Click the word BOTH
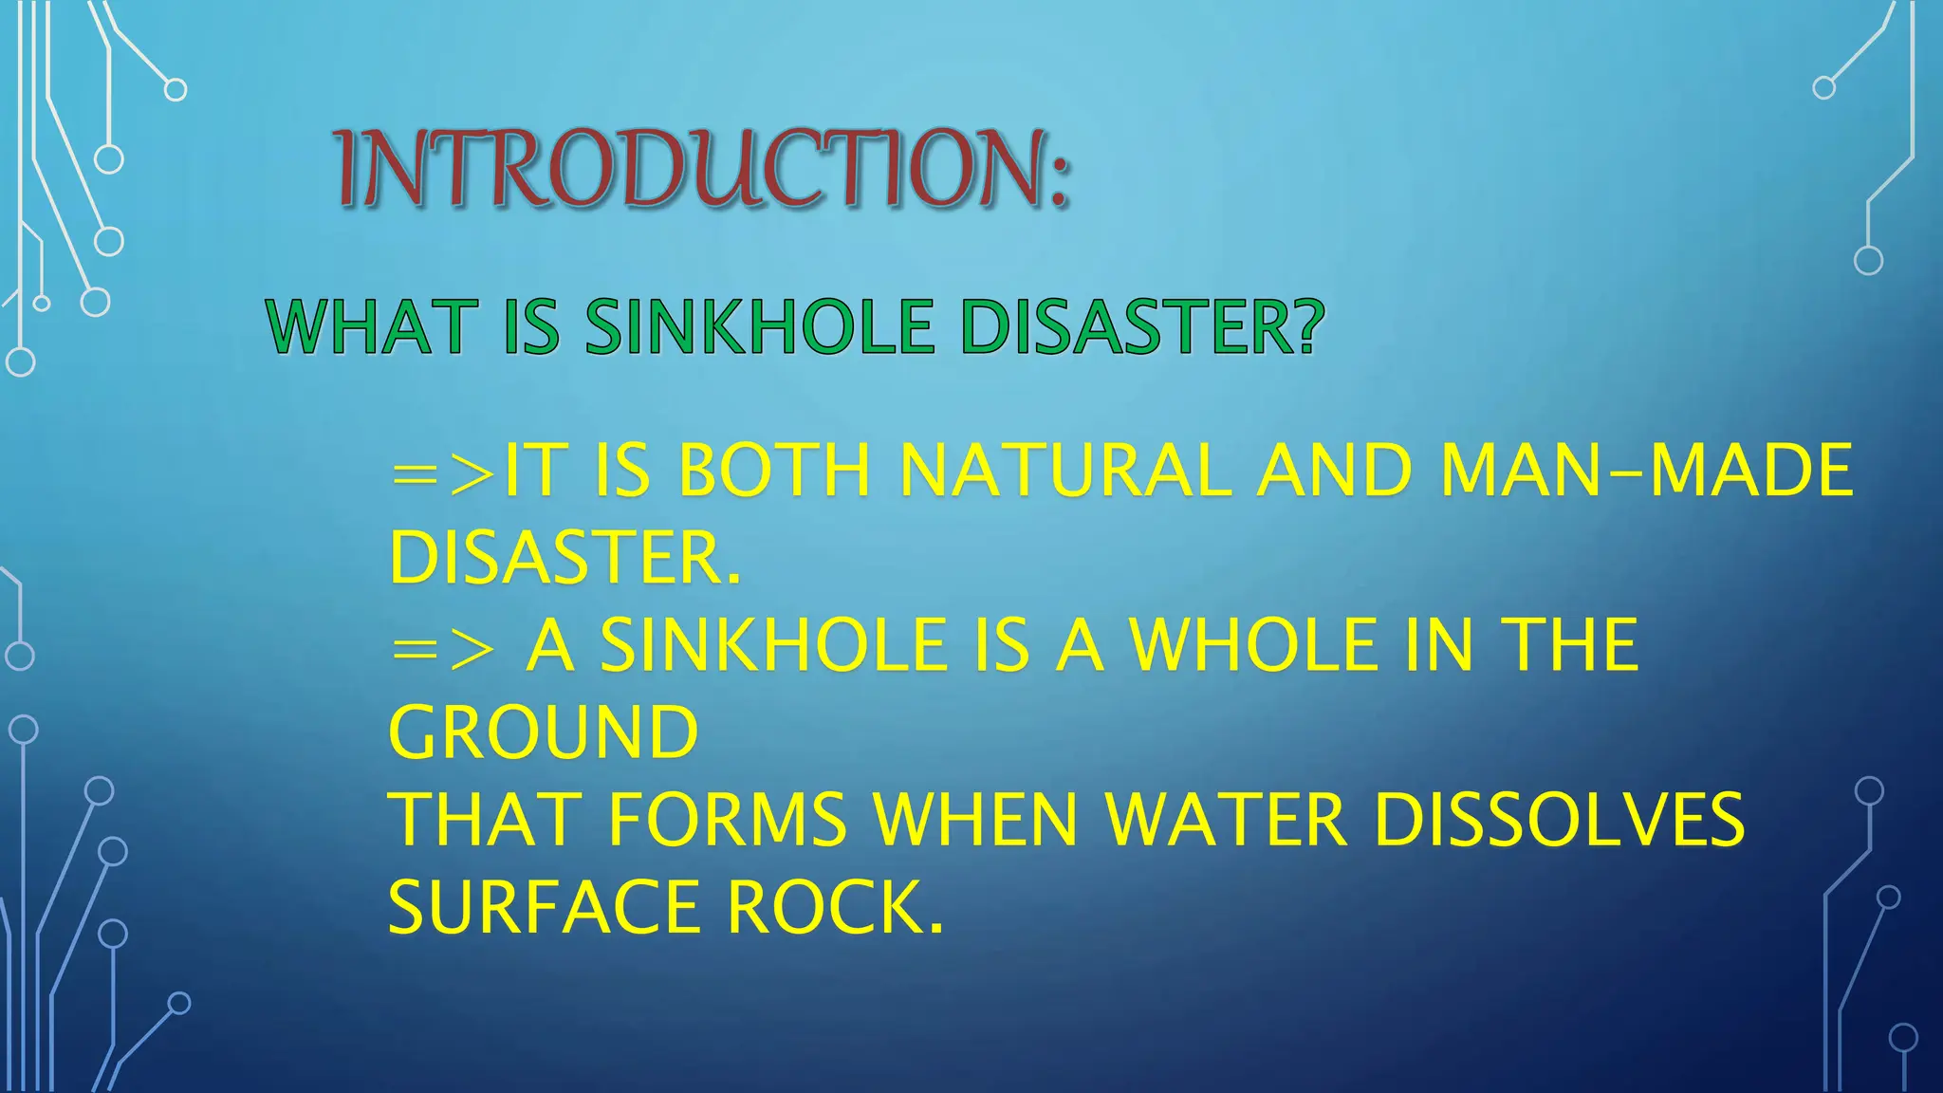(x=774, y=471)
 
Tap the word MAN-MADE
(x=1646, y=471)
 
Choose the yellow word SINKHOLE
(x=773, y=645)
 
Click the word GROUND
(x=544, y=732)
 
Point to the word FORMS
(x=727, y=820)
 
